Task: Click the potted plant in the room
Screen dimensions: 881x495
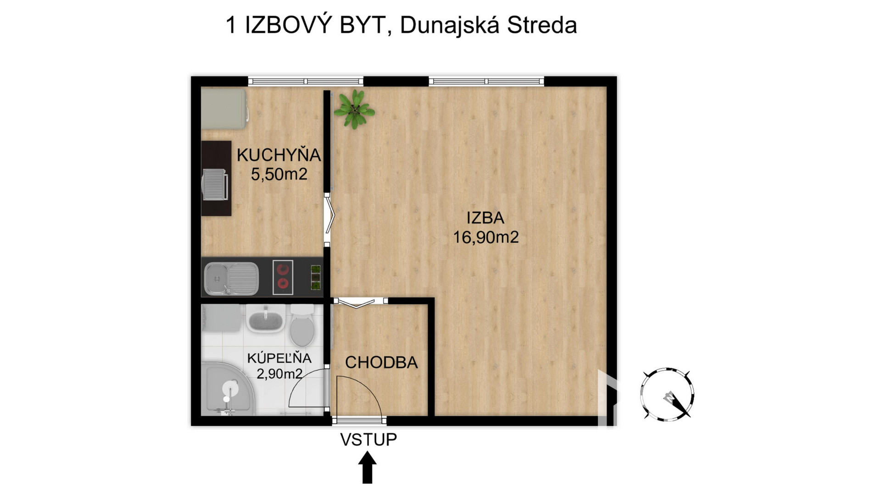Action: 354,109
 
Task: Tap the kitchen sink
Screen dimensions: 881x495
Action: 231,278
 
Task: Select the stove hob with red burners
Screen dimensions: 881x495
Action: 283,277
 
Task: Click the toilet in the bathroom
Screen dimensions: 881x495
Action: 302,325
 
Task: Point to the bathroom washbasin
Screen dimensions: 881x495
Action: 265,318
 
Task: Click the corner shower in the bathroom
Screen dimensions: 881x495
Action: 228,390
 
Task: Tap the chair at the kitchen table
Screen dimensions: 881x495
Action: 216,184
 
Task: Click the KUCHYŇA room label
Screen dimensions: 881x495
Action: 279,155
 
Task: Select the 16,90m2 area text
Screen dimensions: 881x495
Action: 486,237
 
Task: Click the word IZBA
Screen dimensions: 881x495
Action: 485,218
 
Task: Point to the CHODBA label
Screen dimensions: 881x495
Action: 381,363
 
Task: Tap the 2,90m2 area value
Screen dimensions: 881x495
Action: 279,374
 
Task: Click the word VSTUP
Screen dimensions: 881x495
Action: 368,440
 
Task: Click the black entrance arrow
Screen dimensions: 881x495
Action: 368,467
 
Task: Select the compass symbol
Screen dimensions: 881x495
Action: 667,394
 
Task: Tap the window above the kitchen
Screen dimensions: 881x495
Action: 306,82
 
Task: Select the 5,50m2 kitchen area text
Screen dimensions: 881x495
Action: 279,174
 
